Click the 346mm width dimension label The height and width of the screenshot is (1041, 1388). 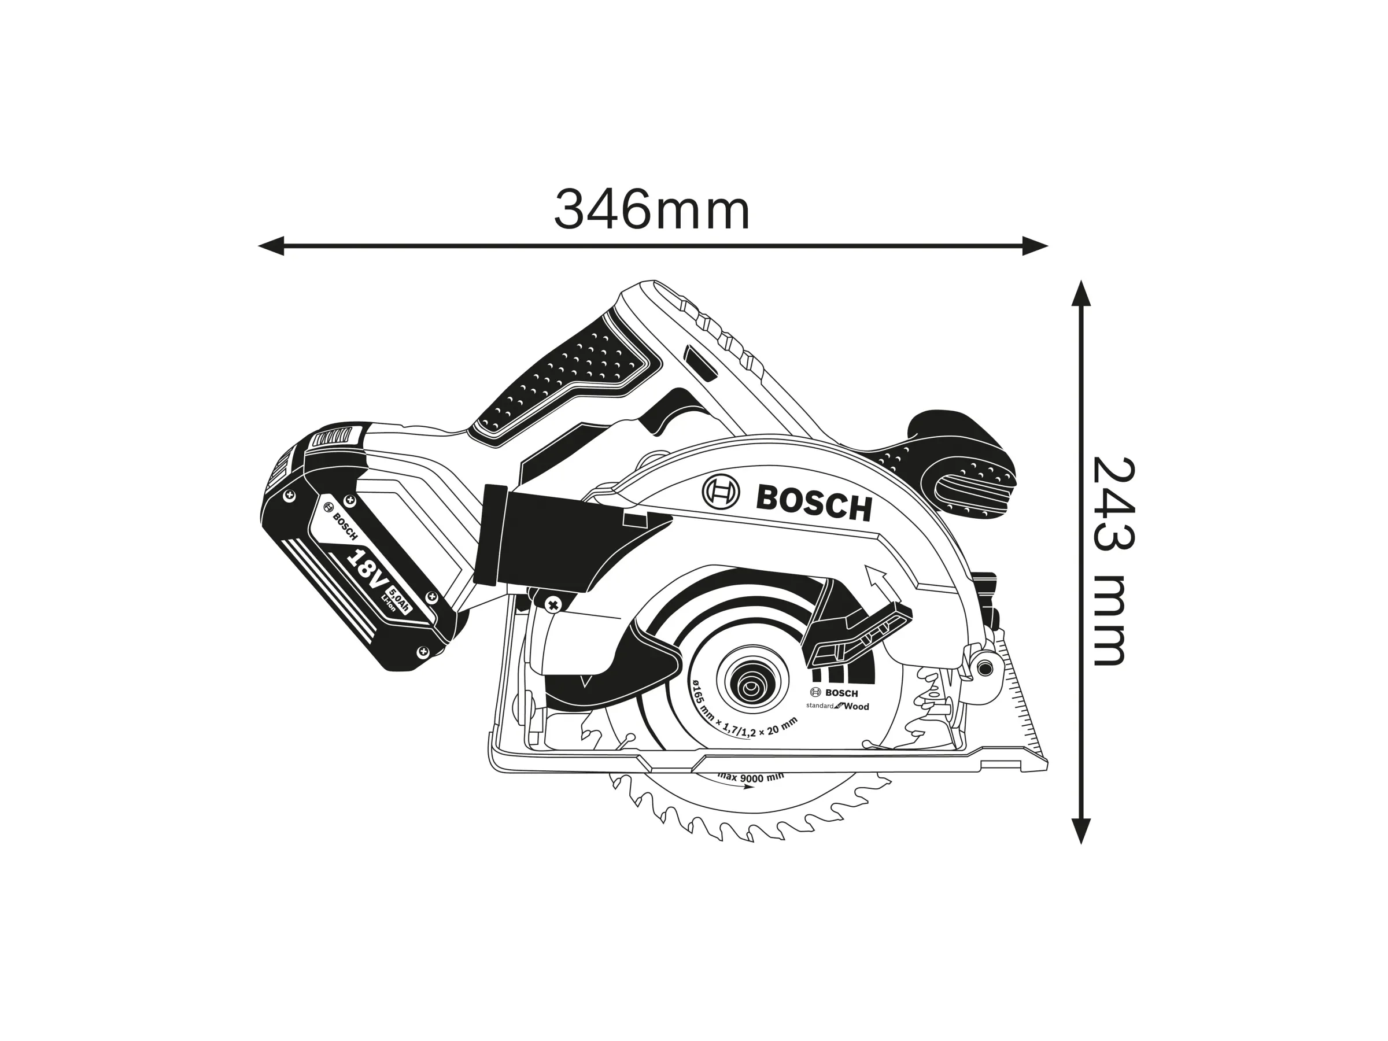651,210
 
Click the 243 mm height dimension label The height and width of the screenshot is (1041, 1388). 1113,562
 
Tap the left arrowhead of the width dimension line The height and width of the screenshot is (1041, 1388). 271,246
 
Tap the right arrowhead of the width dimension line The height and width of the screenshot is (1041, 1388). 1035,246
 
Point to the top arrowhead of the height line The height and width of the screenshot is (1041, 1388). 1080,293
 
